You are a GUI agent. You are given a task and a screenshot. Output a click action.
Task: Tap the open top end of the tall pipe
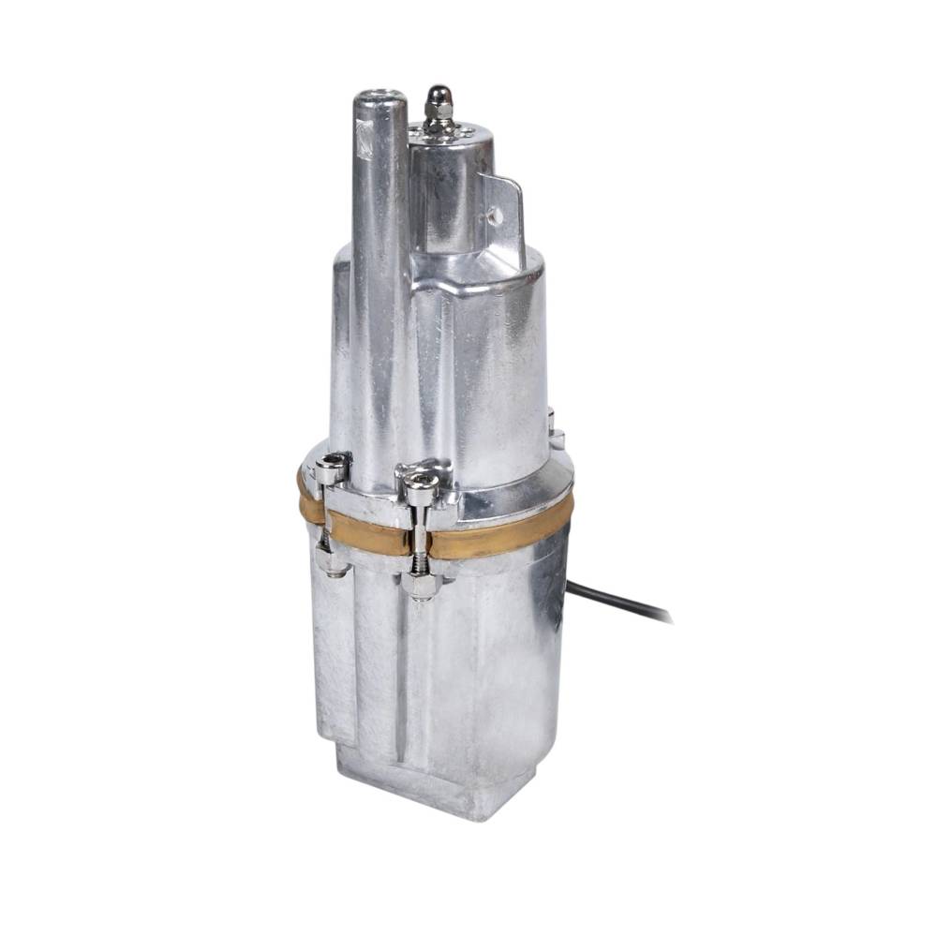tap(379, 96)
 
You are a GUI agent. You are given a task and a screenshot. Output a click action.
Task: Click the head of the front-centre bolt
tap(422, 485)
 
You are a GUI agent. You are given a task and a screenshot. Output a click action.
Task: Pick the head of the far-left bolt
tap(330, 467)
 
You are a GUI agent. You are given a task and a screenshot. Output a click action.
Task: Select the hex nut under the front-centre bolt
tap(422, 585)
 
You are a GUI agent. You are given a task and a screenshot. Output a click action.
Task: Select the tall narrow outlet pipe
tap(379, 281)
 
